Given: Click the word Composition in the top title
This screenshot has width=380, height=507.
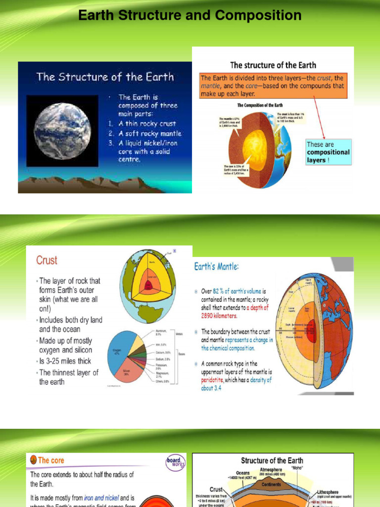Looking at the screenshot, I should coord(257,15).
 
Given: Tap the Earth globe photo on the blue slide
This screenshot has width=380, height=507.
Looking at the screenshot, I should coord(62,131).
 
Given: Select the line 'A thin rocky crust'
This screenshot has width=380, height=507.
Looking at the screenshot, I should coord(146,124).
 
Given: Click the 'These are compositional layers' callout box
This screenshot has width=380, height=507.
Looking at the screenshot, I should coord(328,152).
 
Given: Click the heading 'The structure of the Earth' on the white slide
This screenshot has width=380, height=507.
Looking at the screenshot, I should coord(273,65).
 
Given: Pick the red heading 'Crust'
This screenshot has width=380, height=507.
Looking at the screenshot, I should coord(47,260).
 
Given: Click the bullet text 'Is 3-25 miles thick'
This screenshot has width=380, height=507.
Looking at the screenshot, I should coord(65,361).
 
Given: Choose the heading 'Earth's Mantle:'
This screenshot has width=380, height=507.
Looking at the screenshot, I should coord(216,266).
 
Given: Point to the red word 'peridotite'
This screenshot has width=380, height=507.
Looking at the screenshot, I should coord(215,380).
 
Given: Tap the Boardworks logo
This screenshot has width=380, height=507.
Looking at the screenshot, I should coord(174,462).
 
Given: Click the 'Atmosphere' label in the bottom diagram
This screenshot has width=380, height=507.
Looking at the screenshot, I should coord(271,470).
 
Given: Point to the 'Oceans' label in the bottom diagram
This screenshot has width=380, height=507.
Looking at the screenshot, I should coord(243,473).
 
